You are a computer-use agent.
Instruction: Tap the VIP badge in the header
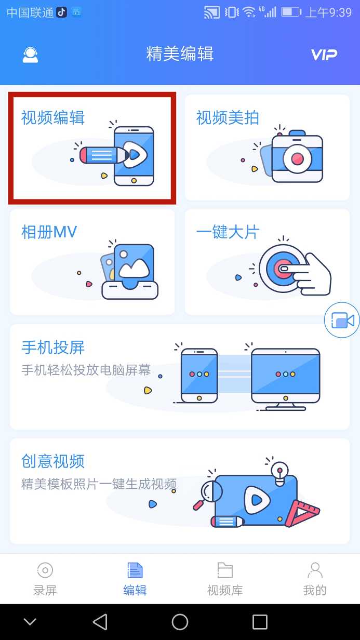click(x=324, y=55)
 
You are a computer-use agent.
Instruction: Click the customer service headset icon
click(x=30, y=55)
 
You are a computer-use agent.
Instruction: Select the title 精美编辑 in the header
click(x=180, y=54)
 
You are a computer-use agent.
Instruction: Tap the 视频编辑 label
click(x=52, y=118)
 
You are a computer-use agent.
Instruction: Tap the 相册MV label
click(x=49, y=232)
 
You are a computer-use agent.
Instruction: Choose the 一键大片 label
click(x=228, y=232)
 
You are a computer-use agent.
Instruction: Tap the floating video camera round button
click(x=342, y=321)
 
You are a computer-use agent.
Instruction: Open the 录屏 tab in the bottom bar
click(x=45, y=578)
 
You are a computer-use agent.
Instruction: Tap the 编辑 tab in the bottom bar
click(x=135, y=578)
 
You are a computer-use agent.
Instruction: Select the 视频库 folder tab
click(x=225, y=578)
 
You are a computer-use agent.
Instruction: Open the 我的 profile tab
click(x=315, y=578)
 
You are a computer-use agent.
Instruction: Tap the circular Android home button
click(x=180, y=622)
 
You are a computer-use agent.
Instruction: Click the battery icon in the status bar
click(x=291, y=12)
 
